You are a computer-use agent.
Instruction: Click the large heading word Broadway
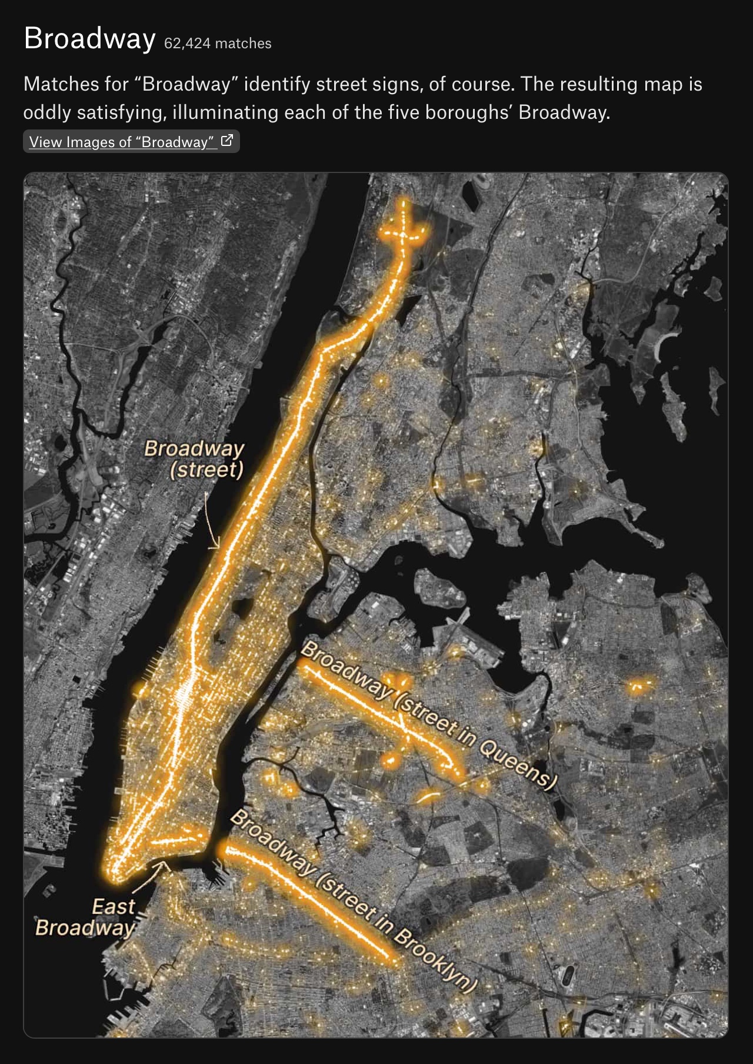tap(89, 39)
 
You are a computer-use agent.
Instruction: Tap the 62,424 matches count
tap(218, 44)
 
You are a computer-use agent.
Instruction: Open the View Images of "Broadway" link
tap(121, 142)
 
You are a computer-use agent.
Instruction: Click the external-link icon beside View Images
tap(226, 141)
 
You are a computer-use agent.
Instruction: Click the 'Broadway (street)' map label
tap(195, 458)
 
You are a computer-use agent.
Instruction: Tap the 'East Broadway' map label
tap(86, 917)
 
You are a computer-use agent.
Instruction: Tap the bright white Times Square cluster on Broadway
tap(185, 692)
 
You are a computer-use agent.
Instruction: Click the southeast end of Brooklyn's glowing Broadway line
tap(395, 960)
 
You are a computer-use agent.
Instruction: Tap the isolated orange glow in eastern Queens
tap(637, 685)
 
